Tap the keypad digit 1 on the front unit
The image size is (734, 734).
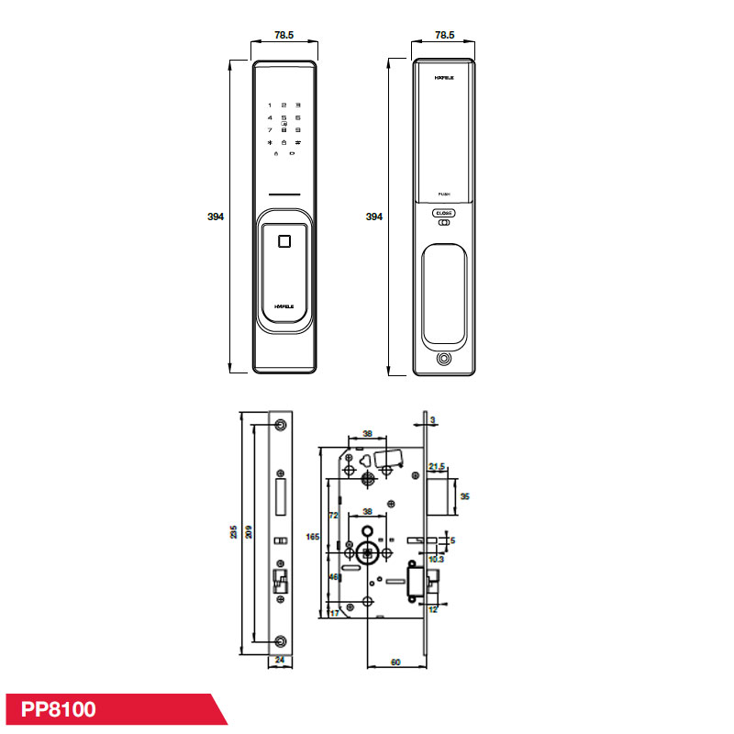[270, 106]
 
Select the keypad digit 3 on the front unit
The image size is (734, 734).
[298, 106]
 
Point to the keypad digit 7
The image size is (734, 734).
[270, 130]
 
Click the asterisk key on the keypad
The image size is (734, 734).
[270, 142]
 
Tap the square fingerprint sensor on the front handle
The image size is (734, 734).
[284, 242]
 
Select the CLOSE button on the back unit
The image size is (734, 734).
[444, 213]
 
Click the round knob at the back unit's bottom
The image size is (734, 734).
[444, 359]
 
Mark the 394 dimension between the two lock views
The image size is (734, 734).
[373, 217]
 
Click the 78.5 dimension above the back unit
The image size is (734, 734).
[444, 35]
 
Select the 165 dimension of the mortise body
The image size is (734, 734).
[313, 537]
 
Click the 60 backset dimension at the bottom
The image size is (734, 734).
[395, 660]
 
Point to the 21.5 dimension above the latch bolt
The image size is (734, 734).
[437, 467]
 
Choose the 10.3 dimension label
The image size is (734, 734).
[437, 559]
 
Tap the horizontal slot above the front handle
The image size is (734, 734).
[284, 195]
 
